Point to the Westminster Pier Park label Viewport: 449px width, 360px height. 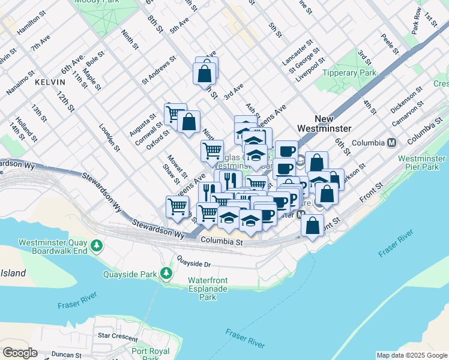tap(421, 163)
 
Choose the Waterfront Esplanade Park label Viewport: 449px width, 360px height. tap(207, 289)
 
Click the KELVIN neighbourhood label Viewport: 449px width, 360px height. tap(49, 81)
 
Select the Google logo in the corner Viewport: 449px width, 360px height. tap(19, 353)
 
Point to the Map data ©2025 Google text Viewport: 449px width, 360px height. tap(411, 355)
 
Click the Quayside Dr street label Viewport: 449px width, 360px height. tap(194, 262)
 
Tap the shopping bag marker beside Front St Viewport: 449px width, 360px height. tap(312, 226)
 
